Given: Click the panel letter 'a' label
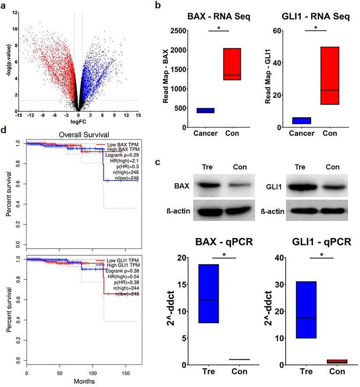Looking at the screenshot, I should (4, 6).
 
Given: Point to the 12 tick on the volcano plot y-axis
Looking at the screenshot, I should (16, 12).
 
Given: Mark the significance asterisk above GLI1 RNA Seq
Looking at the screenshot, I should (316, 28).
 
